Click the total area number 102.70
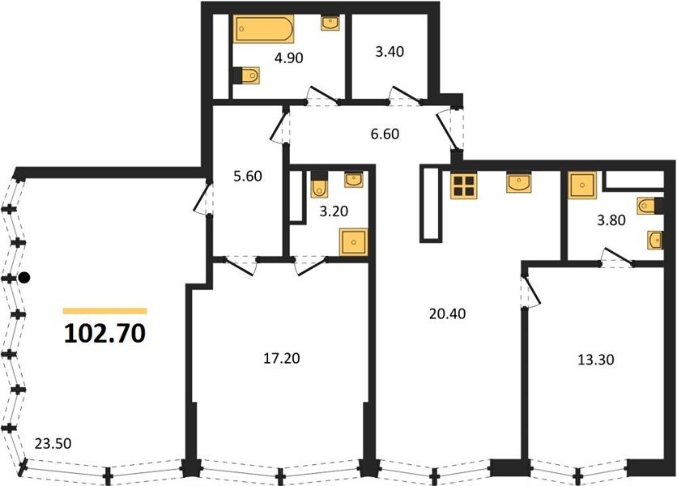[x=105, y=334]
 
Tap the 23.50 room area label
[x=53, y=443]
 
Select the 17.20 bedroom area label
[x=282, y=358]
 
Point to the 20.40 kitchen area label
[x=448, y=313]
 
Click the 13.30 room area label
[x=596, y=360]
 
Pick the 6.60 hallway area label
[x=385, y=134]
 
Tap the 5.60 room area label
[x=248, y=177]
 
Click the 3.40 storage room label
[x=390, y=51]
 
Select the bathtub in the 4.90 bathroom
[x=264, y=28]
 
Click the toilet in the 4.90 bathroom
[x=246, y=75]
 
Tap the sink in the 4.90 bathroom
[x=330, y=23]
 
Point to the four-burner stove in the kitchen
[x=464, y=185]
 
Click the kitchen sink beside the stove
[x=519, y=183]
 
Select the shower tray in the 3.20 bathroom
[x=354, y=242]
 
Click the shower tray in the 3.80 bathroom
[x=582, y=185]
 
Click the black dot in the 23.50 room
[x=25, y=278]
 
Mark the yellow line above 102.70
[x=105, y=310]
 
